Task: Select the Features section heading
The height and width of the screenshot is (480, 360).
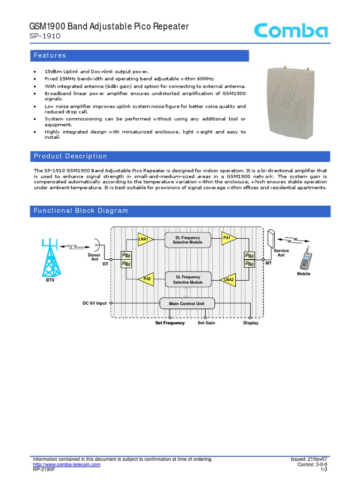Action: click(x=50, y=55)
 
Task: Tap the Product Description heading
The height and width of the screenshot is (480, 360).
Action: click(x=70, y=156)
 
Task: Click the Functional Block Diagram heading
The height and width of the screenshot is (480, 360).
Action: click(x=81, y=210)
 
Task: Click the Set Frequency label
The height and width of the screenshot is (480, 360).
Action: click(x=170, y=323)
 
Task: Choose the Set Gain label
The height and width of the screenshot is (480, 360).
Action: click(x=206, y=323)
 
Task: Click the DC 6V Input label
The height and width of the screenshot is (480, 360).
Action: click(x=95, y=304)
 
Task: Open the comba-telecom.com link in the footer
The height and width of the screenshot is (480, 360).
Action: click(x=67, y=465)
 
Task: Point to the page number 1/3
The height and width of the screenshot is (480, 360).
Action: click(x=323, y=470)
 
